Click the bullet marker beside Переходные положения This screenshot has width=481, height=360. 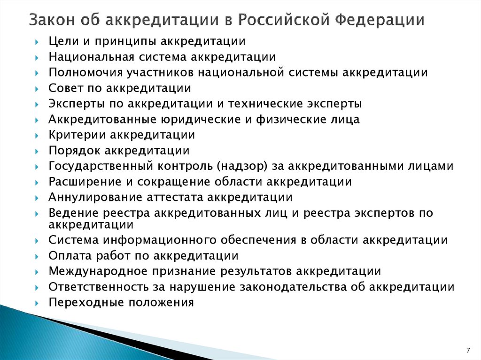tap(37, 303)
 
